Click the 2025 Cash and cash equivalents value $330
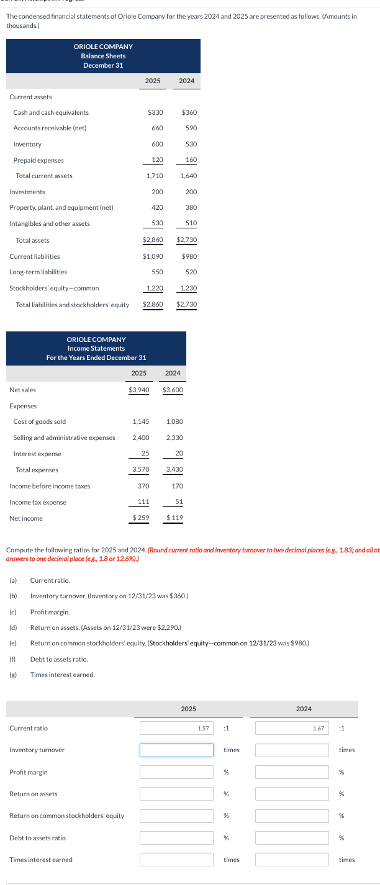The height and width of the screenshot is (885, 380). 155,112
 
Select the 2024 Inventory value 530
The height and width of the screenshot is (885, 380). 191,144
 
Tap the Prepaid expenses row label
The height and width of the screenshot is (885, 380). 38,160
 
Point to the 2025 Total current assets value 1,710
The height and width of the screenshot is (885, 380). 155,176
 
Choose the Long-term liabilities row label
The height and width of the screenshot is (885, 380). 38,272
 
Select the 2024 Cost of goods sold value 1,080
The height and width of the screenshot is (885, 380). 175,421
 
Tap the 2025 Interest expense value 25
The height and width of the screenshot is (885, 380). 144,453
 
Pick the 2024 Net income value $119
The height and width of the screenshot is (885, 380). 174,518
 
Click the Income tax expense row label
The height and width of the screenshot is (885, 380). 38,502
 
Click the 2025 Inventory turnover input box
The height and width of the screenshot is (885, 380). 176,750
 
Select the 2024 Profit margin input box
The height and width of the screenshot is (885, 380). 291,772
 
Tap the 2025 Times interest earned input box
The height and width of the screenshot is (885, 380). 176,860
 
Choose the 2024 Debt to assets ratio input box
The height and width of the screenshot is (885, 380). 291,838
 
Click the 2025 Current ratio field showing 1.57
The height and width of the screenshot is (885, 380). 176,728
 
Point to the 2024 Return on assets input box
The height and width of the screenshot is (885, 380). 291,794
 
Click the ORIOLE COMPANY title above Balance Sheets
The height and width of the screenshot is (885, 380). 103,47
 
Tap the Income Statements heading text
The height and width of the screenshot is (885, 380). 96,348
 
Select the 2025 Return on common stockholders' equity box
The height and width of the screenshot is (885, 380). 176,815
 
